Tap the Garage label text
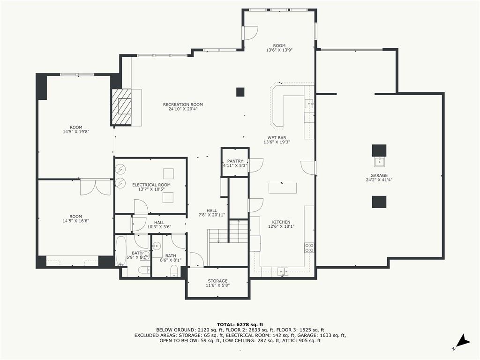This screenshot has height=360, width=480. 379,175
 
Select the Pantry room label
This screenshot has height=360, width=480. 235,161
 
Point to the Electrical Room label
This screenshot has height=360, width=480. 151,185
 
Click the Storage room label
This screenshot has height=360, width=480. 217,281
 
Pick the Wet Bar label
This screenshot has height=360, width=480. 277,138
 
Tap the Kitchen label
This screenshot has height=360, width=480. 281,222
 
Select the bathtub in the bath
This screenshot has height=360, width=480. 120,251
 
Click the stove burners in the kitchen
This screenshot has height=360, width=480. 309,247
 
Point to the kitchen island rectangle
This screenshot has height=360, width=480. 283,188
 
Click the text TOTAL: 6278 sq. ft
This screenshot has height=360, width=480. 240,324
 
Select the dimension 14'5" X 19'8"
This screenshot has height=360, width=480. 76,132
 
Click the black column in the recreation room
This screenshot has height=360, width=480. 240,92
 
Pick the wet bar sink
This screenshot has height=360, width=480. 309,104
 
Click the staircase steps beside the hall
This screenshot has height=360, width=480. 239,232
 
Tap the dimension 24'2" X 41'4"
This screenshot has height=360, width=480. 379,180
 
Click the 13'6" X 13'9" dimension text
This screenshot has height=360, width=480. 279,50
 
